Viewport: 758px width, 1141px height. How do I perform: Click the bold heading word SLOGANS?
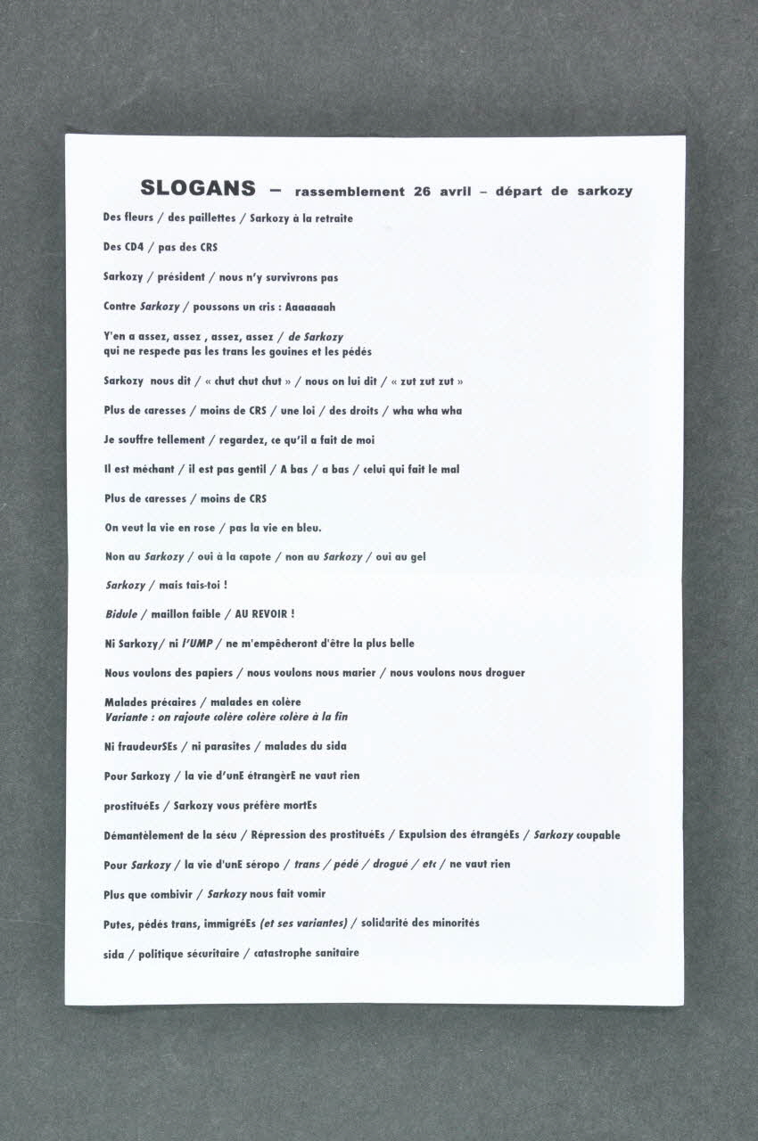197,189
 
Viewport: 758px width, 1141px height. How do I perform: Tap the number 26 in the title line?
421,192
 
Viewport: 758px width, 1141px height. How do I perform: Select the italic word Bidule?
121,614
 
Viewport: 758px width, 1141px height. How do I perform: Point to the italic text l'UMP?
198,644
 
